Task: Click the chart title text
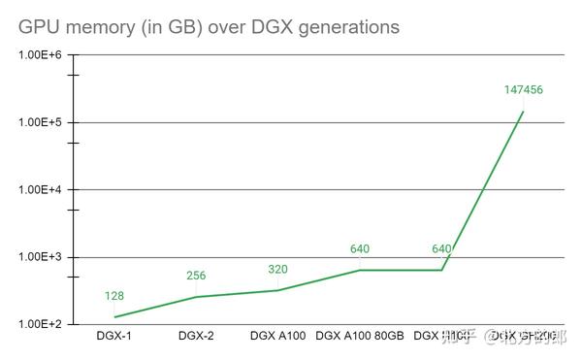pos(209,27)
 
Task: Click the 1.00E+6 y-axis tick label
pos(40,54)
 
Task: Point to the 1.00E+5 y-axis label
pos(40,122)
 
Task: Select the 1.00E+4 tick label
pos(40,190)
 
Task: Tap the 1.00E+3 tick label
pos(40,257)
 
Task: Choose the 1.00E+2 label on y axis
pos(40,324)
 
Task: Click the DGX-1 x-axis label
pos(114,337)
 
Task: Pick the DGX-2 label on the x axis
pos(197,337)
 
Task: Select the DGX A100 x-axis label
pos(277,337)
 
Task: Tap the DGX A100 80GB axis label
pos(360,337)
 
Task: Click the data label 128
pos(114,296)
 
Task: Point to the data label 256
pos(196,276)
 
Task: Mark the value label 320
pos(278,269)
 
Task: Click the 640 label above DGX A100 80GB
pos(360,249)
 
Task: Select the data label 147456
pos(523,89)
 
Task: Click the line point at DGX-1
pos(114,317)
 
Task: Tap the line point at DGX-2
pos(196,297)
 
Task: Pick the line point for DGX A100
pos(278,290)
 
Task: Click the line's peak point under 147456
pos(524,111)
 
